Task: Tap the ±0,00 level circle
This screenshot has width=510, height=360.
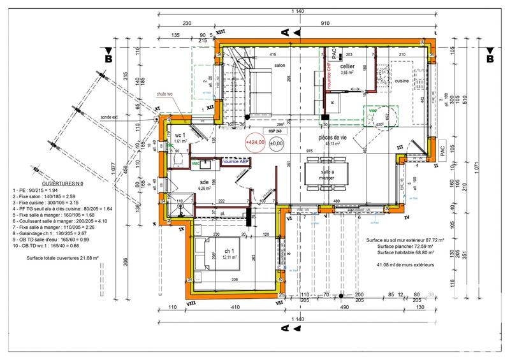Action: (277, 143)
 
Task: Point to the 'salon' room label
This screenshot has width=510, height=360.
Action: (279, 65)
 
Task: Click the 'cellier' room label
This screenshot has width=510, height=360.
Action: (347, 66)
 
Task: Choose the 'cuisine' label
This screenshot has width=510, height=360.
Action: (402, 81)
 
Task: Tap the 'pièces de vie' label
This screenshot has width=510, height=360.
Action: (331, 137)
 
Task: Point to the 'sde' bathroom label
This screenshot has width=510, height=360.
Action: (204, 182)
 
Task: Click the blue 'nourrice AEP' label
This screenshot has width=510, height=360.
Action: (237, 163)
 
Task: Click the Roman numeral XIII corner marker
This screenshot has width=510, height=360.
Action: (221, 31)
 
